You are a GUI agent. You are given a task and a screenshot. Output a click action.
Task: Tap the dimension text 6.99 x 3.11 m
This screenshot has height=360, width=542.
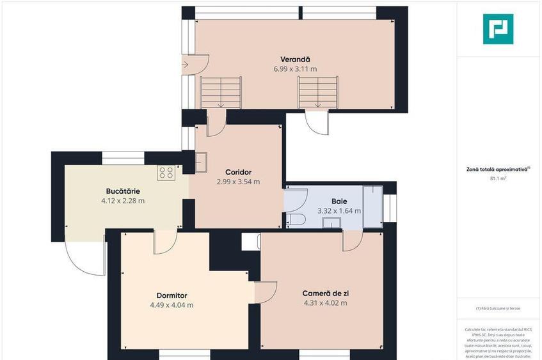tap(295, 68)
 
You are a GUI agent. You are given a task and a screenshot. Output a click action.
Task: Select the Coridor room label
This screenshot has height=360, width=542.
tap(238, 172)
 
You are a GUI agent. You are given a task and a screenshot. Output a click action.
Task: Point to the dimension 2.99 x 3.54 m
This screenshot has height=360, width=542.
tap(238, 182)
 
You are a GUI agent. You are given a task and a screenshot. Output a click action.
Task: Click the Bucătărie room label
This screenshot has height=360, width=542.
tap(123, 191)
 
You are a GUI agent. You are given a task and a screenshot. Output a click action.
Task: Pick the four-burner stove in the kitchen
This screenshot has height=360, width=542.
tap(166, 172)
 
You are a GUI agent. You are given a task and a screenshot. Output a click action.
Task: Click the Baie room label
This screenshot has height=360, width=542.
tap(339, 200)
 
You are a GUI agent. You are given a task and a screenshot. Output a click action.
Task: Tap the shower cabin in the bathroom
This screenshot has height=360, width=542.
tap(372, 207)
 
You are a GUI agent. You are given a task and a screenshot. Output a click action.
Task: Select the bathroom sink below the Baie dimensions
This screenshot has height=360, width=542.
tap(331, 223)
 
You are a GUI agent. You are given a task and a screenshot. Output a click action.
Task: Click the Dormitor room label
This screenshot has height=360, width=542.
tap(171, 295)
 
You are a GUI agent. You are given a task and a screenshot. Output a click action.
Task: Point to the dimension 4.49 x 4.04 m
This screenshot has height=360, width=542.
tap(171, 305)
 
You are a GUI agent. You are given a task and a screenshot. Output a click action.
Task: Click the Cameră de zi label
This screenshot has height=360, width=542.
tap(325, 293)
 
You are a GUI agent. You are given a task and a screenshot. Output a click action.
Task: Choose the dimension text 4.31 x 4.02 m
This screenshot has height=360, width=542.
tap(325, 303)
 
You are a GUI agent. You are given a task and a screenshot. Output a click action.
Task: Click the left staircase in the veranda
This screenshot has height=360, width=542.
tap(221, 92)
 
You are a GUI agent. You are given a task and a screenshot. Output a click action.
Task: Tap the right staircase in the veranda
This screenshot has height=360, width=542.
tap(317, 92)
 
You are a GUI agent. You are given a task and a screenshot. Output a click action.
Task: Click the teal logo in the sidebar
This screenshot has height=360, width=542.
tap(498, 29)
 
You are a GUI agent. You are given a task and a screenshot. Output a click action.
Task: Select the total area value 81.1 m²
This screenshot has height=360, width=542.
tap(498, 179)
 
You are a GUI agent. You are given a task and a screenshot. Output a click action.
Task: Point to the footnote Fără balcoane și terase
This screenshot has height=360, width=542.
tap(498, 308)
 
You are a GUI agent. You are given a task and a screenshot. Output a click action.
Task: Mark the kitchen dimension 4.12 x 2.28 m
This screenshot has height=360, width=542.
tap(123, 200)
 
